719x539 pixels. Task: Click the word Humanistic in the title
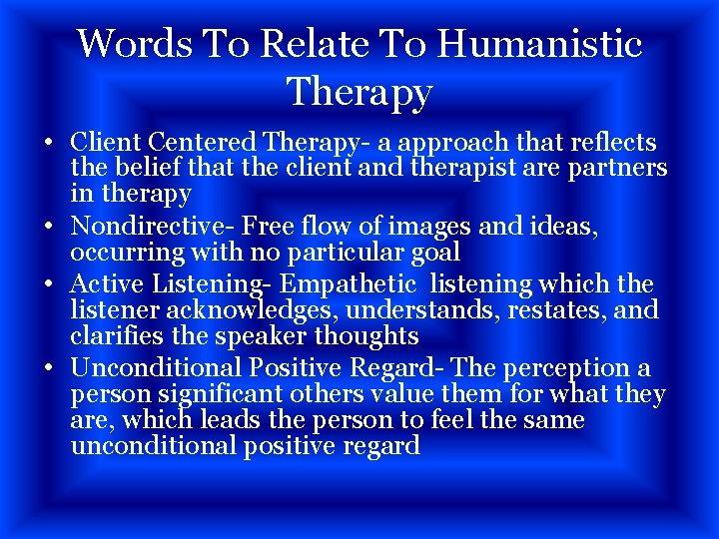[x=539, y=44]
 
